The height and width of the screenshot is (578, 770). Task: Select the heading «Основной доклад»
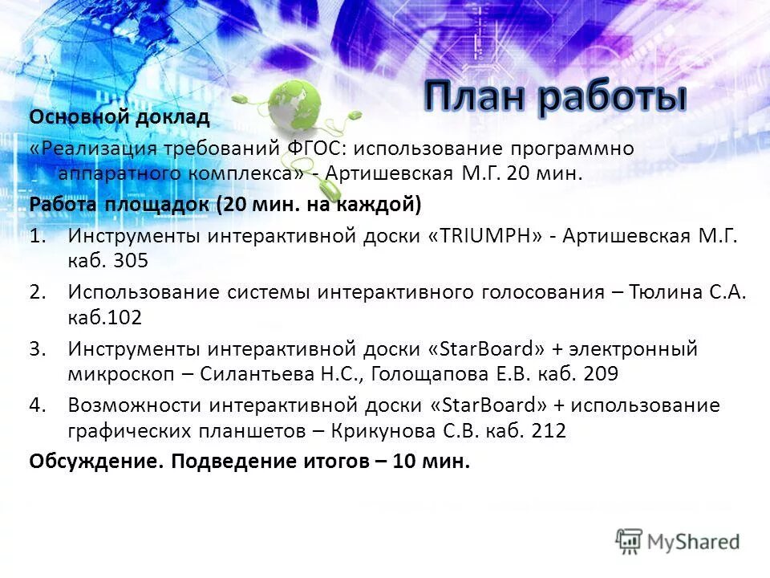pyautogui.click(x=120, y=118)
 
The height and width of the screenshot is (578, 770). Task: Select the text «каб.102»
pyautogui.click(x=105, y=317)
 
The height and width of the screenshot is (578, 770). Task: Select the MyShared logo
pyautogui.click(x=679, y=541)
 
